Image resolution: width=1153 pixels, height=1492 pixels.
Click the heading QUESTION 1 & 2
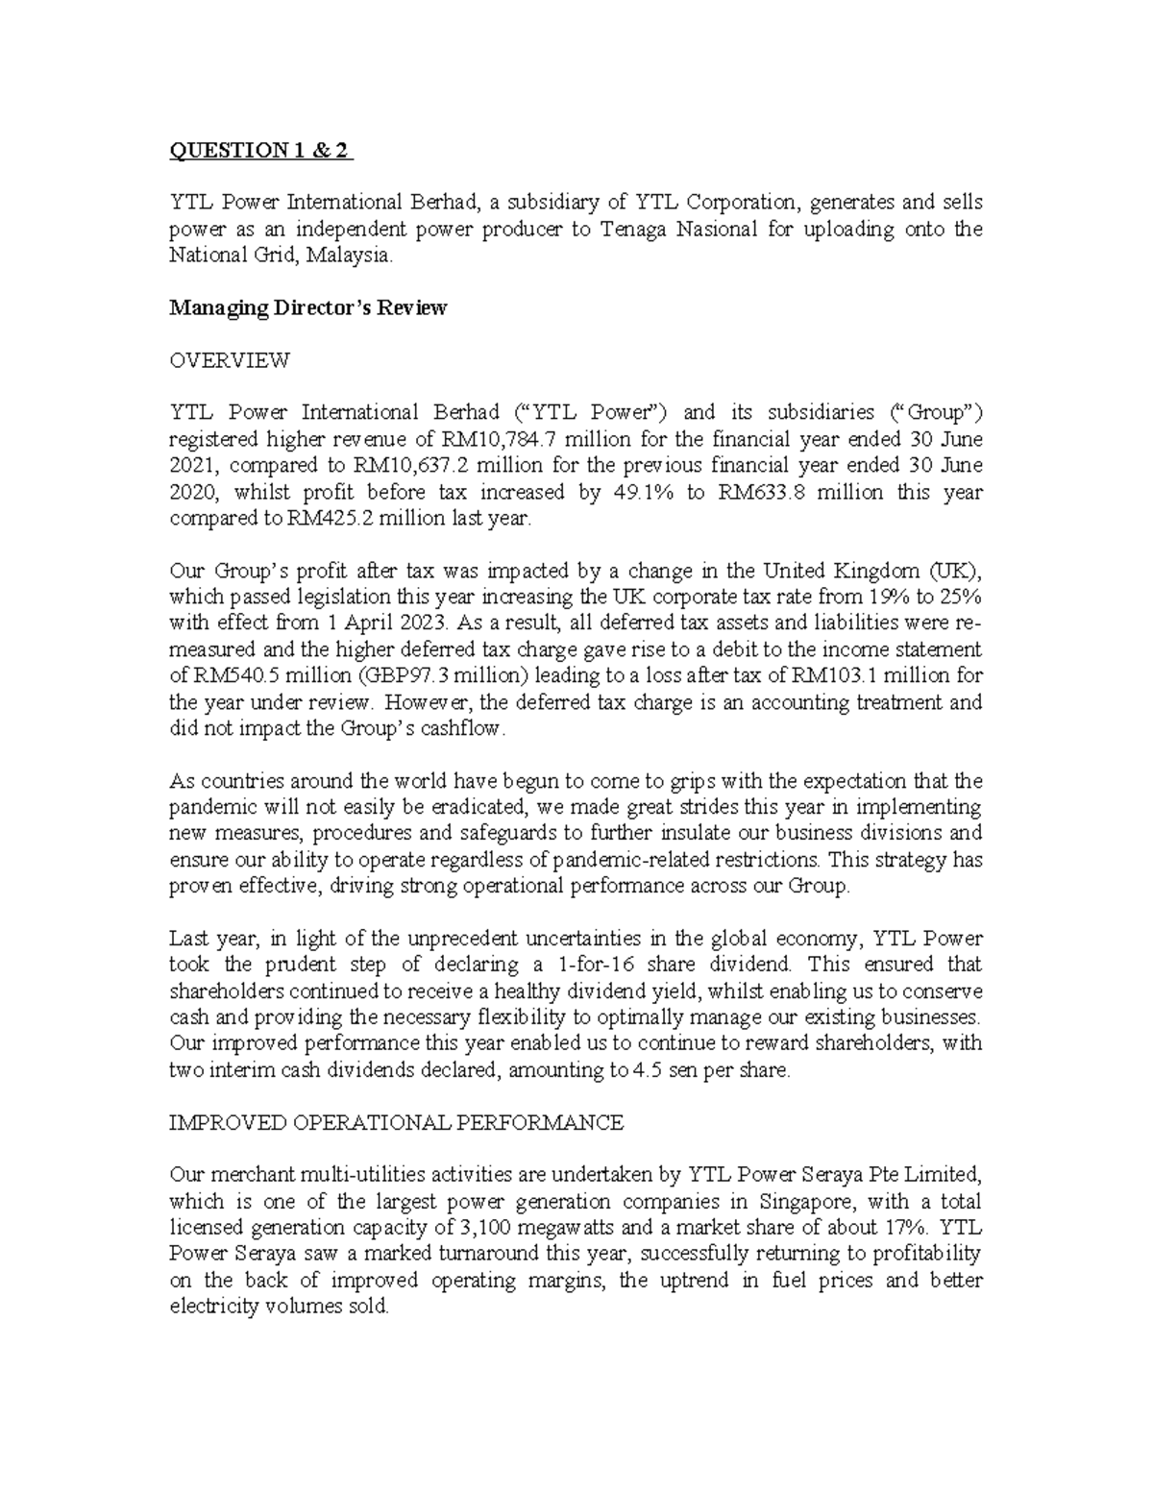click(x=260, y=151)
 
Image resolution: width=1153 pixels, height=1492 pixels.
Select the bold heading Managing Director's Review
click(x=307, y=308)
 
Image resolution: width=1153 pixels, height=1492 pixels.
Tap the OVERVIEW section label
click(x=229, y=361)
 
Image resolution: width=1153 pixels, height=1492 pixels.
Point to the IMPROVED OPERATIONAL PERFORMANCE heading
click(x=396, y=1122)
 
